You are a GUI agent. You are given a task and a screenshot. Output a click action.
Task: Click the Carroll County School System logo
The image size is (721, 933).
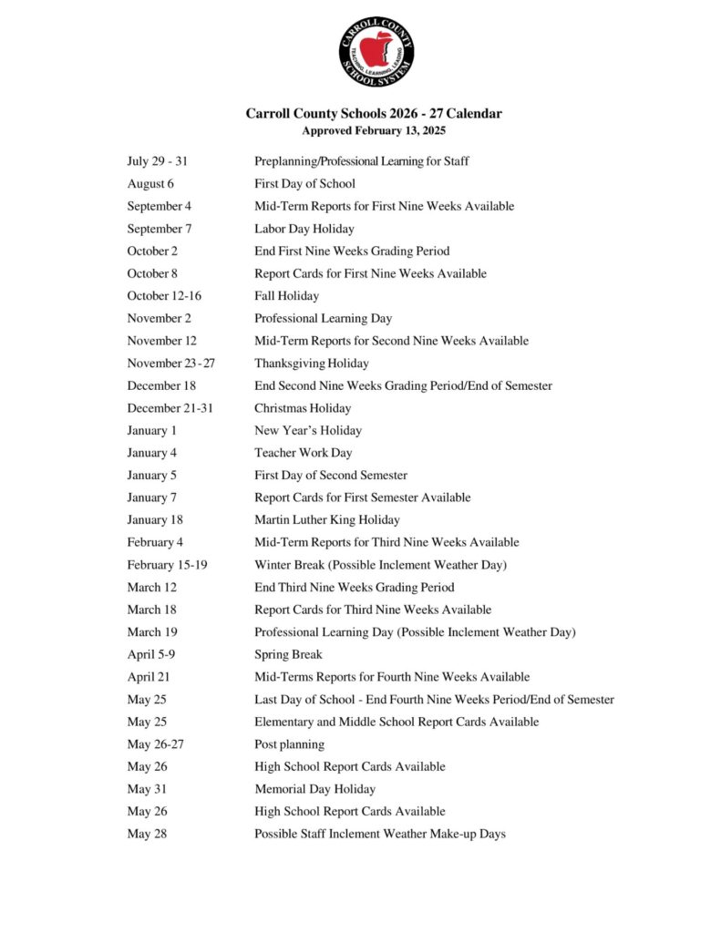tap(376, 51)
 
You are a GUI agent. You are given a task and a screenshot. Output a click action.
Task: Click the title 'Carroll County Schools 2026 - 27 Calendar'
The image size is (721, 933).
tap(374, 114)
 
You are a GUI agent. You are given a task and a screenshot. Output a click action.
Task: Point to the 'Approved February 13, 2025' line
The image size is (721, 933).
tap(374, 130)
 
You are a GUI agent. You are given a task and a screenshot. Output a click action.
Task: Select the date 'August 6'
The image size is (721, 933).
tap(150, 184)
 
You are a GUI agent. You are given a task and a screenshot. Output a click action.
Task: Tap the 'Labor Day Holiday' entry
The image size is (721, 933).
tap(304, 229)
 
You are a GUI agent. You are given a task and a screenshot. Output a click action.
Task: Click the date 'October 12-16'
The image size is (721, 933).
tap(164, 296)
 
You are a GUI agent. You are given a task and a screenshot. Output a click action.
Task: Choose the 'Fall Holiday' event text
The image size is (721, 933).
tap(286, 296)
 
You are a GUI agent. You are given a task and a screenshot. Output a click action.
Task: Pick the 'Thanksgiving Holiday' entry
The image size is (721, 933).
tap(312, 364)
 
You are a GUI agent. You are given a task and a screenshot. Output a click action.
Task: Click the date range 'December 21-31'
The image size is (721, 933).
tap(170, 408)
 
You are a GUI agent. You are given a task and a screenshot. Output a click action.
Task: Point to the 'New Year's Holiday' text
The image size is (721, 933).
tap(308, 430)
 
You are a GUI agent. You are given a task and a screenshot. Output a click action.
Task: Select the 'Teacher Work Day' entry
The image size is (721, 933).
tap(303, 453)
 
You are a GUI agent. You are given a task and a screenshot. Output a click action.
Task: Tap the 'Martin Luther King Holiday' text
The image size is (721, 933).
tap(326, 520)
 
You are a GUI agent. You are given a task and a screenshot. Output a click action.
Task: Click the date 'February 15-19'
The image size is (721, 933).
tap(167, 565)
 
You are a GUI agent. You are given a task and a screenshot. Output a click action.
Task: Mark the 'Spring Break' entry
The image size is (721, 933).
tap(288, 654)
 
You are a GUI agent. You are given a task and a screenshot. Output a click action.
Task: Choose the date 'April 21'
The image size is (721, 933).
tap(149, 677)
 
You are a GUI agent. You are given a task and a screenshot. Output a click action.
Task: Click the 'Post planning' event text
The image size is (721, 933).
tap(289, 744)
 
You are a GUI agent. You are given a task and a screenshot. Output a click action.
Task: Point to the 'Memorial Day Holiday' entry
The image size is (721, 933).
tap(314, 789)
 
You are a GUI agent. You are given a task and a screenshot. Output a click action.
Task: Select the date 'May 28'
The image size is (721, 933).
tap(147, 834)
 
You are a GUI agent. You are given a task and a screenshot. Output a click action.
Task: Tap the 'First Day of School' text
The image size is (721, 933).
tap(304, 184)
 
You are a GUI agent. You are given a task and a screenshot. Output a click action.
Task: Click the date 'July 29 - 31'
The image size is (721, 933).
tap(157, 161)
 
